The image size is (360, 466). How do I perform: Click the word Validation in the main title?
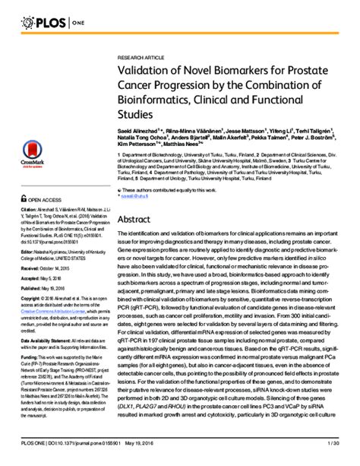point(145,69)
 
